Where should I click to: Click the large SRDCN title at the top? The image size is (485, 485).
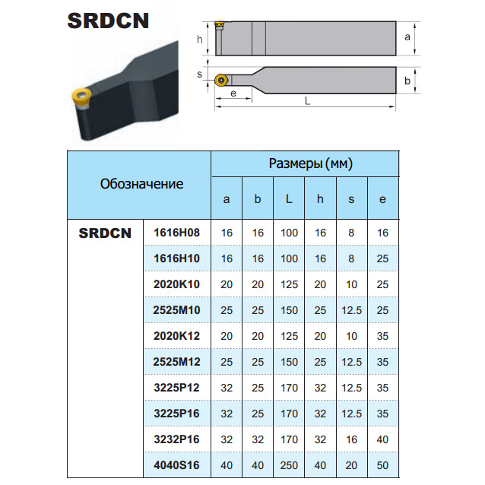(108, 21)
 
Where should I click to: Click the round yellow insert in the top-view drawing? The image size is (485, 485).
(221, 81)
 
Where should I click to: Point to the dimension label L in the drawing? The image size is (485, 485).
(307, 101)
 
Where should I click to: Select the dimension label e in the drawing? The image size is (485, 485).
(233, 93)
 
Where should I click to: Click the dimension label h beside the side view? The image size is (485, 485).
(200, 40)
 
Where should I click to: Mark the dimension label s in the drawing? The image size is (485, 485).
(199, 74)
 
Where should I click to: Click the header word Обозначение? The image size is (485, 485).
(141, 184)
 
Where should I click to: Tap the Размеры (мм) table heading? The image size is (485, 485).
(311, 163)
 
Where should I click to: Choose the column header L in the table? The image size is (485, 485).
(289, 199)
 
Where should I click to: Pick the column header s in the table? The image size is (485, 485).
(351, 199)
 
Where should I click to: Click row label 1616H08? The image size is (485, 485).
(176, 233)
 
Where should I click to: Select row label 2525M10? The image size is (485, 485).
(176, 310)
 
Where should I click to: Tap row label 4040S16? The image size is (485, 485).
(176, 465)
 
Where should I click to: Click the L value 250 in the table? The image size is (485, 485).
(289, 465)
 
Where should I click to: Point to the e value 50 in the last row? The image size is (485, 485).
(382, 465)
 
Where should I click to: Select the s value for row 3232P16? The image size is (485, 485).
(351, 439)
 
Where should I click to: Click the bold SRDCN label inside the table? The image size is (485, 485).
(105, 233)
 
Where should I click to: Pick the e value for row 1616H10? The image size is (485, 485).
(382, 258)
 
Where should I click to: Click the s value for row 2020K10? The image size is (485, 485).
(351, 284)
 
